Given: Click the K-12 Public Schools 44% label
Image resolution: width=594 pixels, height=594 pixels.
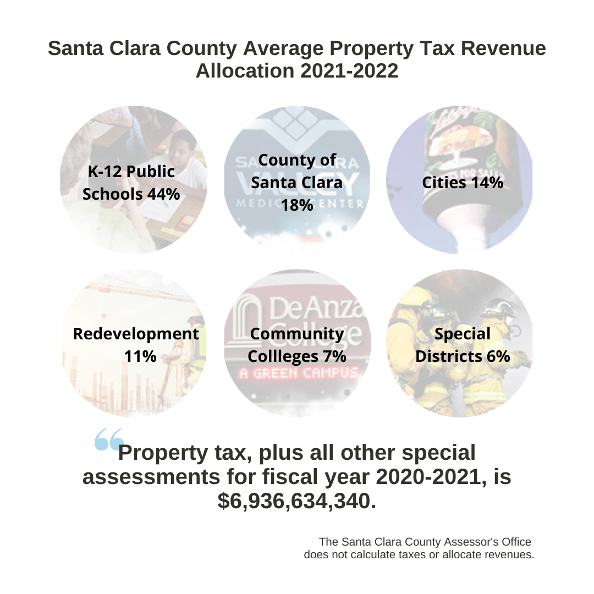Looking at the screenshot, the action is pyautogui.click(x=131, y=183).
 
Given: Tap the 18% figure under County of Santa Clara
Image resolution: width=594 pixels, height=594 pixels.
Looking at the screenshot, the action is pyautogui.click(x=297, y=205).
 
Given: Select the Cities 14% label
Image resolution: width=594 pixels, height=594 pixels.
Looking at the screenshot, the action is pyautogui.click(x=463, y=183).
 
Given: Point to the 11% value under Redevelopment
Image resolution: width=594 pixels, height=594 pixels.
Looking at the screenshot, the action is pyautogui.click(x=140, y=356).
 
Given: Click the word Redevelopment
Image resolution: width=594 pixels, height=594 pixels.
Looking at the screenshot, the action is pyautogui.click(x=136, y=334).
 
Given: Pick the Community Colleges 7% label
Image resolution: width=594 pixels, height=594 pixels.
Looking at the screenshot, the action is pyautogui.click(x=297, y=345).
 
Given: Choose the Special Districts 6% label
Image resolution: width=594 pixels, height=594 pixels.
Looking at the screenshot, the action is pyautogui.click(x=463, y=345).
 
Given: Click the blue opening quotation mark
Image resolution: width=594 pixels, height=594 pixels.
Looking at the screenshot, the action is pyautogui.click(x=109, y=439).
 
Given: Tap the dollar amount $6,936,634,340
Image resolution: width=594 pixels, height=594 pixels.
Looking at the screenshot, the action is pyautogui.click(x=297, y=501).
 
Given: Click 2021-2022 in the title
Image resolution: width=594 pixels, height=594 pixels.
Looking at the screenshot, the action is pyautogui.click(x=349, y=71).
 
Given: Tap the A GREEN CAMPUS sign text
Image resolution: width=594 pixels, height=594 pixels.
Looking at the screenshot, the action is pyautogui.click(x=298, y=373).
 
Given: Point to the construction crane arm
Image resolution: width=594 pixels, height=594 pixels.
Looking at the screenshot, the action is pyautogui.click(x=138, y=290).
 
